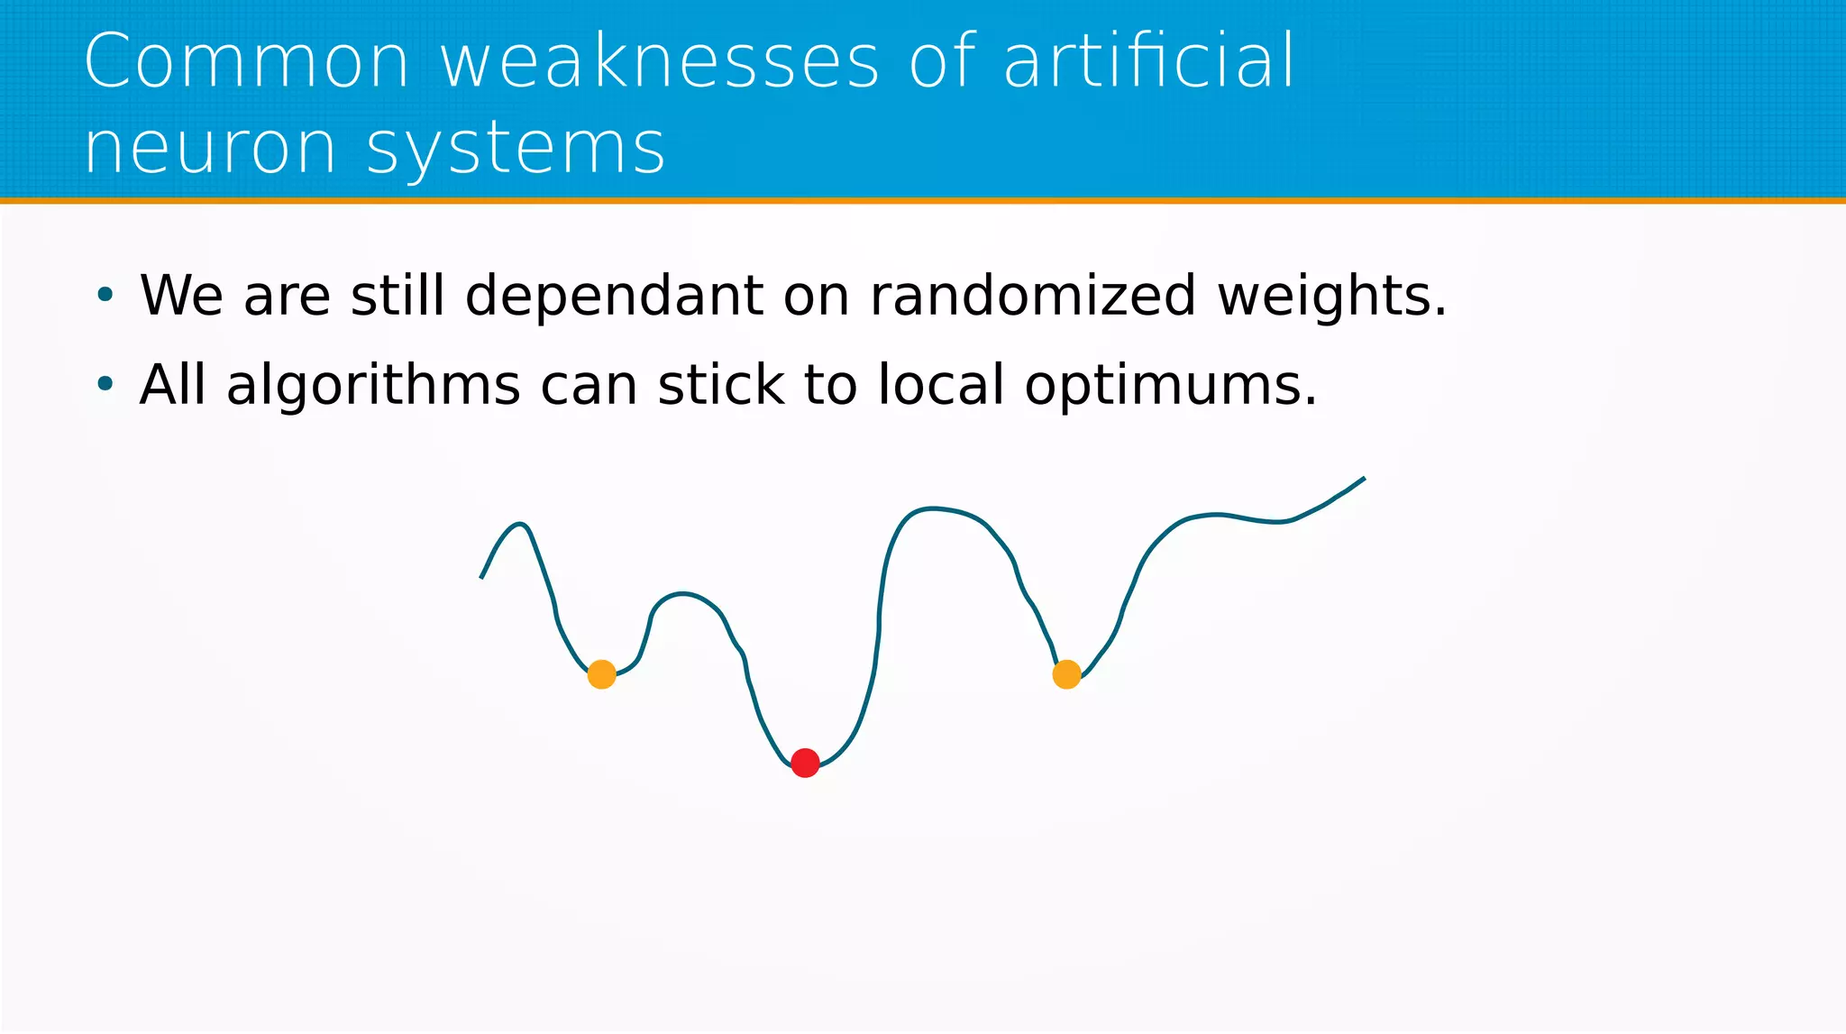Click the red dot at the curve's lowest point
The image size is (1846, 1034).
coord(805,763)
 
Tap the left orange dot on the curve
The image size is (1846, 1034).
coord(601,674)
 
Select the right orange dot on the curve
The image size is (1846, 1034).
coord(1066,674)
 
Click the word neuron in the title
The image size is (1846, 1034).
coord(210,148)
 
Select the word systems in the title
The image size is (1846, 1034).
coord(516,150)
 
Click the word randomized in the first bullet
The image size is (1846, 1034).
coord(1033,296)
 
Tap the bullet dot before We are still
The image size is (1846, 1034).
coord(105,295)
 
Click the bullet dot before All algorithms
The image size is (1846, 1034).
coord(105,384)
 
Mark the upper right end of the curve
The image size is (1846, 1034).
coord(1363,480)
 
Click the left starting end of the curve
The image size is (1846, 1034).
coord(482,576)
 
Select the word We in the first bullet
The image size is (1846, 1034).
coord(181,296)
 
